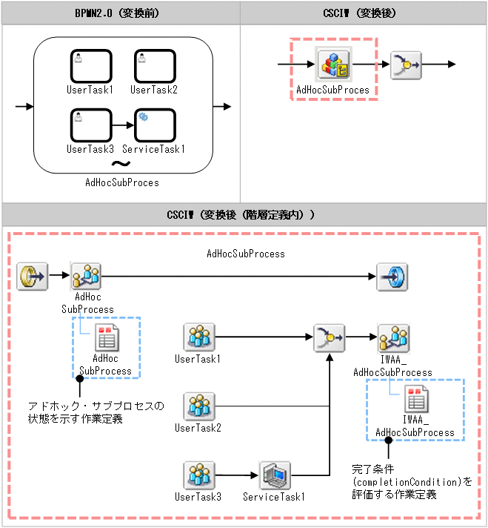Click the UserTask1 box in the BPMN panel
(91, 67)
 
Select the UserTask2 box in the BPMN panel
(155, 67)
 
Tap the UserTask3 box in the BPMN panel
(91, 125)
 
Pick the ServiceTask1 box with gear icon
(155, 125)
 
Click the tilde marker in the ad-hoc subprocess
(121, 164)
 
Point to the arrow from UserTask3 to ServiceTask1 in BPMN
(123, 125)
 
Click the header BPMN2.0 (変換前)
(121, 13)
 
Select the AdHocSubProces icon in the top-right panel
(332, 65)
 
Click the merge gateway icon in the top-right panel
(405, 65)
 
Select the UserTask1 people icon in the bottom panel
(199, 337)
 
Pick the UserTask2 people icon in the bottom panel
(199, 406)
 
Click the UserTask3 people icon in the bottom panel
(199, 475)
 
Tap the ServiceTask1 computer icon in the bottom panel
(275, 475)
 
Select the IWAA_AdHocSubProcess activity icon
(392, 337)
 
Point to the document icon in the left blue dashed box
(105, 338)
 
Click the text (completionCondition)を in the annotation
(411, 482)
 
